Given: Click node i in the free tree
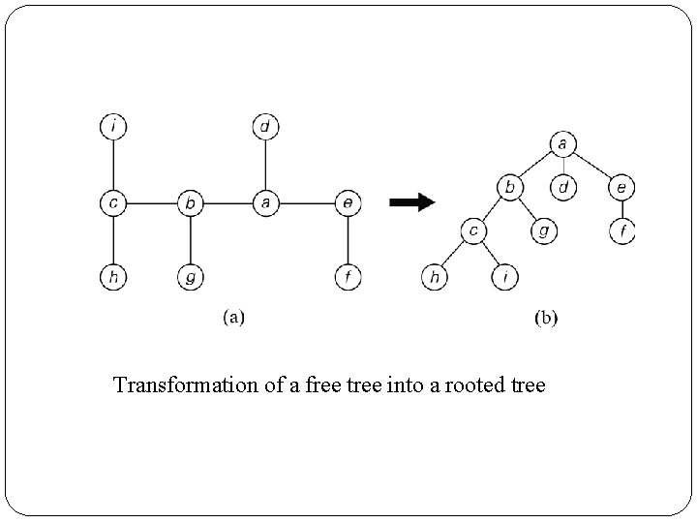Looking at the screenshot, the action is click(114, 126).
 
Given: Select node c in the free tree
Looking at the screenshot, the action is click(114, 203).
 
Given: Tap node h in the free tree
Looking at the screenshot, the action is click(114, 278).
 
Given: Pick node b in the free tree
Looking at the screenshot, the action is click(191, 203).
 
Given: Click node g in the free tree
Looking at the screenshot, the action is click(191, 278).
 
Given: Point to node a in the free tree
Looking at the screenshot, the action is click(265, 203).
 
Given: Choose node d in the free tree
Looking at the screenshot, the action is click(265, 126).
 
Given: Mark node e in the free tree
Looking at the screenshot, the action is click(348, 203).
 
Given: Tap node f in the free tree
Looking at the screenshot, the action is click(348, 278).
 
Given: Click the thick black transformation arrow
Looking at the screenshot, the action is click(411, 202).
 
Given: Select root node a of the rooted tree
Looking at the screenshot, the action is click(562, 144).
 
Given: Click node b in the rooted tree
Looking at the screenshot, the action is click(509, 185).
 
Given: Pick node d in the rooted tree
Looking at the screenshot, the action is click(562, 185).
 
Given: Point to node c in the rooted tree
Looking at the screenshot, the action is click(473, 231).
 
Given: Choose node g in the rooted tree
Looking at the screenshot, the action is click(543, 231).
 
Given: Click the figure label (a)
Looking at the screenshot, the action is click(234, 317).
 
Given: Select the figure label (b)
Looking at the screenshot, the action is click(546, 317).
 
